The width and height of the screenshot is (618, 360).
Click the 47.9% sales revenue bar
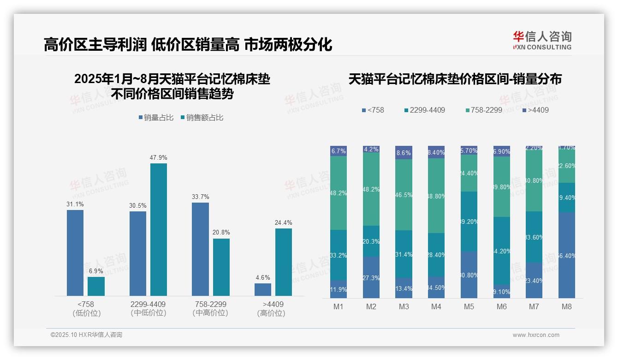click(159, 229)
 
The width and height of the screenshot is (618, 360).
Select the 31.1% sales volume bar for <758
click(75, 253)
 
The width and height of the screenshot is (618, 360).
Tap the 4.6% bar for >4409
click(263, 289)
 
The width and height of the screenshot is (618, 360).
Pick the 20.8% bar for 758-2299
click(221, 267)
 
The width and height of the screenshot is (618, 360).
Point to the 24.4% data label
click(283, 222)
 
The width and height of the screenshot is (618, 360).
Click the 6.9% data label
click(96, 271)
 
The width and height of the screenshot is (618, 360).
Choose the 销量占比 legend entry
click(156, 118)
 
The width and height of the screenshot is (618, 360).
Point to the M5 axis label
click(469, 306)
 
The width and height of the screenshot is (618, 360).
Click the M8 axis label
click(567, 306)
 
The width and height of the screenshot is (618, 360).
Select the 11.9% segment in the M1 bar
click(339, 289)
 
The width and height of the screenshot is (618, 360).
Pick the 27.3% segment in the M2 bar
click(371, 277)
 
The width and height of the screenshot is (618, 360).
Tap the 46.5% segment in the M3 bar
click(404, 195)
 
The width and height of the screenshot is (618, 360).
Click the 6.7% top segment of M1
click(339, 151)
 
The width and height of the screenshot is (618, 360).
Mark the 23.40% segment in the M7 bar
click(534, 280)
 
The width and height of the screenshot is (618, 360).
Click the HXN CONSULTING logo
click(542, 41)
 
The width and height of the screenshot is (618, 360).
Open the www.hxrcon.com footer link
click(536, 335)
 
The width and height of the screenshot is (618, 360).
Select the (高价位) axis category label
click(271, 313)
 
